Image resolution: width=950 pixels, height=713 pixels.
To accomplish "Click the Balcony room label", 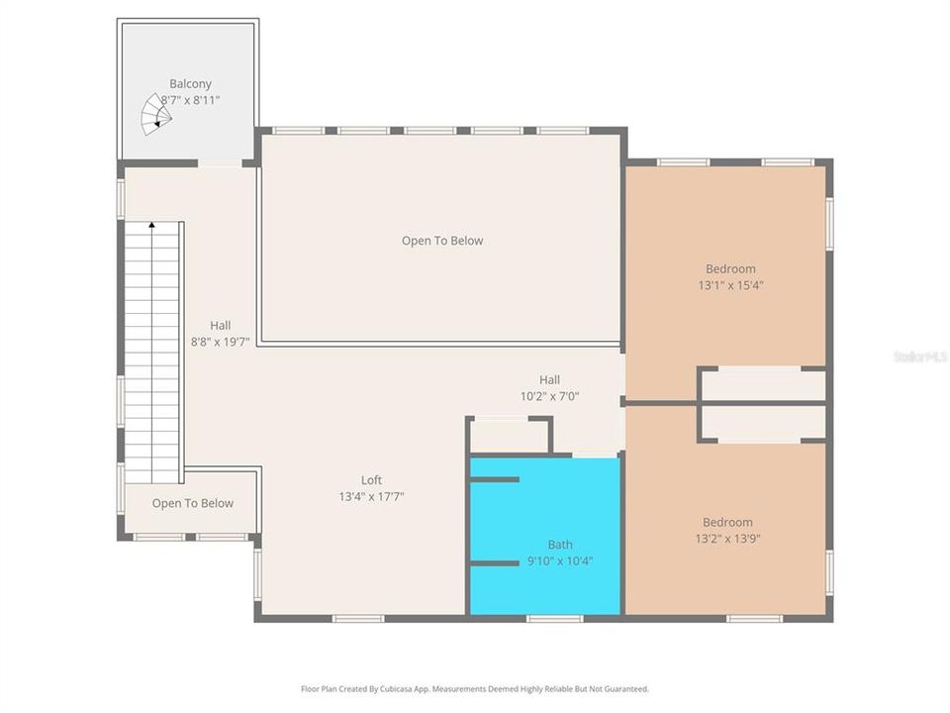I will pyautogui.click(x=190, y=84).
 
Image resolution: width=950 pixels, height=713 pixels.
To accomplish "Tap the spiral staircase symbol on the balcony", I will pyautogui.click(x=154, y=115).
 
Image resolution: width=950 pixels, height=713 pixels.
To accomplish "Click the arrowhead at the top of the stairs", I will pyautogui.click(x=151, y=226).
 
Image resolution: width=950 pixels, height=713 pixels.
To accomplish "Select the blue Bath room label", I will pyautogui.click(x=560, y=544).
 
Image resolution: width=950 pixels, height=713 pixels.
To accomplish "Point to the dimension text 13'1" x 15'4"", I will pyautogui.click(x=730, y=285).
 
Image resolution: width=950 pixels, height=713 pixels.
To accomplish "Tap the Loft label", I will pyautogui.click(x=371, y=479).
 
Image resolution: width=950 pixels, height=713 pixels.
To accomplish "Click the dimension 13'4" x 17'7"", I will pyautogui.click(x=371, y=497).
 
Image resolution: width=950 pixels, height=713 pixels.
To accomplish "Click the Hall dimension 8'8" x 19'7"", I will pyautogui.click(x=220, y=342).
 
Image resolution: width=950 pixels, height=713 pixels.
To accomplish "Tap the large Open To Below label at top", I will pyautogui.click(x=442, y=240).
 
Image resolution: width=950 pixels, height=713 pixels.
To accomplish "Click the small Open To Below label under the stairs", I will pyautogui.click(x=193, y=503).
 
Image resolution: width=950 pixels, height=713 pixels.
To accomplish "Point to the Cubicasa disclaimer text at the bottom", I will pyautogui.click(x=475, y=688).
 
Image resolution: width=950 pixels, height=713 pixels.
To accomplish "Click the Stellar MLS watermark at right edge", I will pyautogui.click(x=920, y=355).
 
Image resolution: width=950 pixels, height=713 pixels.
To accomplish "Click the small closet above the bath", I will pyautogui.click(x=510, y=436).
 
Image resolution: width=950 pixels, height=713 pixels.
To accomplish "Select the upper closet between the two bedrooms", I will pyautogui.click(x=762, y=384).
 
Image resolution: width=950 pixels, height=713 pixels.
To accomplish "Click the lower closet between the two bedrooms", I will pyautogui.click(x=762, y=423).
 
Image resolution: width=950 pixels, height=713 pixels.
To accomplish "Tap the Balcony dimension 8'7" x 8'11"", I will pyautogui.click(x=190, y=100).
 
